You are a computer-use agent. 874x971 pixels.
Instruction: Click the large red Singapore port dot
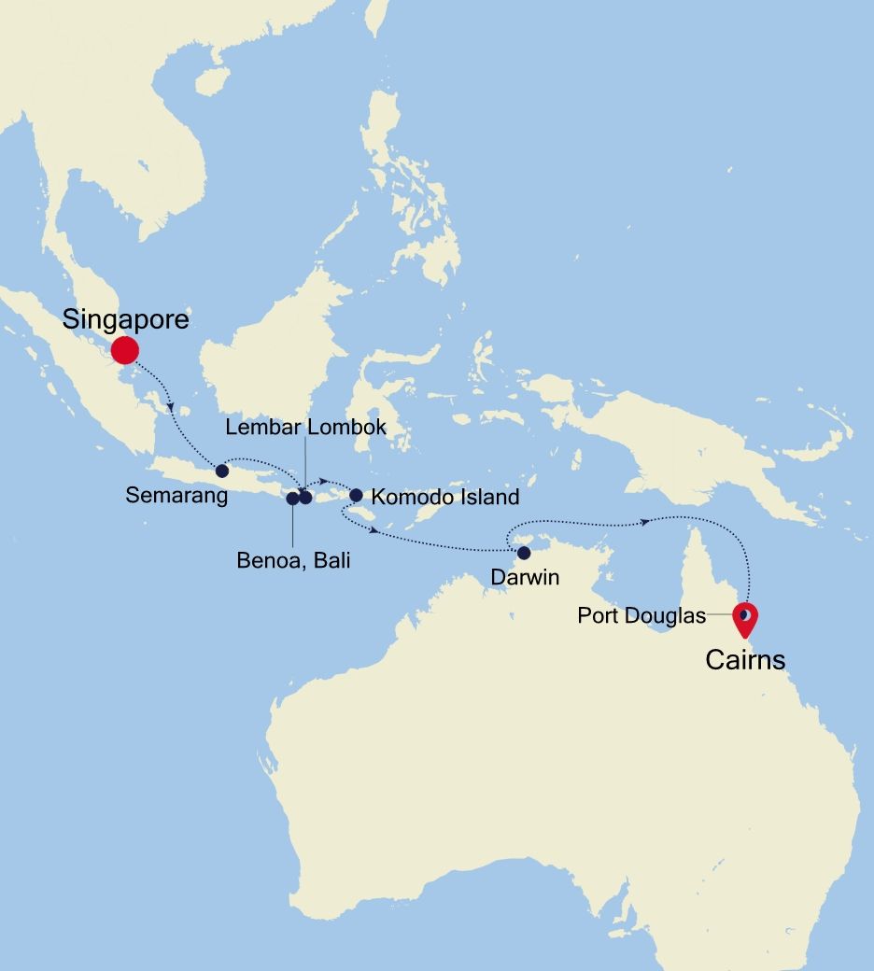click(124, 350)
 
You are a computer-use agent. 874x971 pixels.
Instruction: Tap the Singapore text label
click(125, 320)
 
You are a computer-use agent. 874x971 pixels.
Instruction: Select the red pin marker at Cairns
click(745, 618)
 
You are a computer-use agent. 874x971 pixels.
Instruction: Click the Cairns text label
click(745, 661)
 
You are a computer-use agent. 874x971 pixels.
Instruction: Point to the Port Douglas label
click(641, 616)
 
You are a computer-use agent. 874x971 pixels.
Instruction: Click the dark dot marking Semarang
click(221, 471)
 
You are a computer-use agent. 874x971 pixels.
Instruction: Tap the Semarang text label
click(176, 496)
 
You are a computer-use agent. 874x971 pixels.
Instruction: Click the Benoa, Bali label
click(293, 561)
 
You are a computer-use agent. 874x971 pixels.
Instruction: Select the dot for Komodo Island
click(356, 495)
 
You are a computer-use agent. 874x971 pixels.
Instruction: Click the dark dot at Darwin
click(524, 553)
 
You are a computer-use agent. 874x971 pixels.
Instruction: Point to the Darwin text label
click(525, 578)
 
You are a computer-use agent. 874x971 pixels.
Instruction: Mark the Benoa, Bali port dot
click(292, 498)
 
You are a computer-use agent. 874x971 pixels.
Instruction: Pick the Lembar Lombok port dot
click(305, 497)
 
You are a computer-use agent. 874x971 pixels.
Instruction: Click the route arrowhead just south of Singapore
click(171, 406)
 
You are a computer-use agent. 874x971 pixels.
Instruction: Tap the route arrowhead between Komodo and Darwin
click(374, 531)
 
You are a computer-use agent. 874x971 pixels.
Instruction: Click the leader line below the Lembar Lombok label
click(305, 462)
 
